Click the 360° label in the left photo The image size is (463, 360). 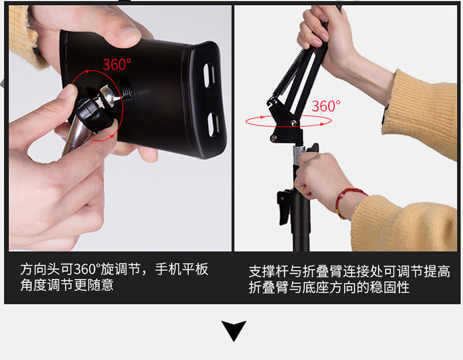tap(117, 64)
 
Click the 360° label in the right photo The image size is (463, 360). tap(326, 106)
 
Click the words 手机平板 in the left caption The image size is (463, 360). tap(181, 269)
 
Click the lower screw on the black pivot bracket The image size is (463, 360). tap(273, 137)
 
